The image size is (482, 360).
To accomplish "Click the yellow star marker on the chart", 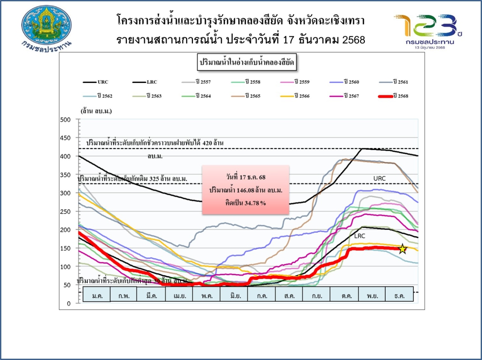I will (402, 249).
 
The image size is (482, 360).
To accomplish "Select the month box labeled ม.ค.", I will (97, 294).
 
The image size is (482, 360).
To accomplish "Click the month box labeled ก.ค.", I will (262, 294).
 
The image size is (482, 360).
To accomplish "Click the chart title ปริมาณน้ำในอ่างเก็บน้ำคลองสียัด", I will (247, 63).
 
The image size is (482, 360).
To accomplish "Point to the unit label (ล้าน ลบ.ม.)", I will (96, 111).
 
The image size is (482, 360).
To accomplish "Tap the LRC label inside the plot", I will (360, 236).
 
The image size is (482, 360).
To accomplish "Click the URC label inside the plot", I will (379, 178).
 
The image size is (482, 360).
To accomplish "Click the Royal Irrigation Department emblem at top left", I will (47, 27).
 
